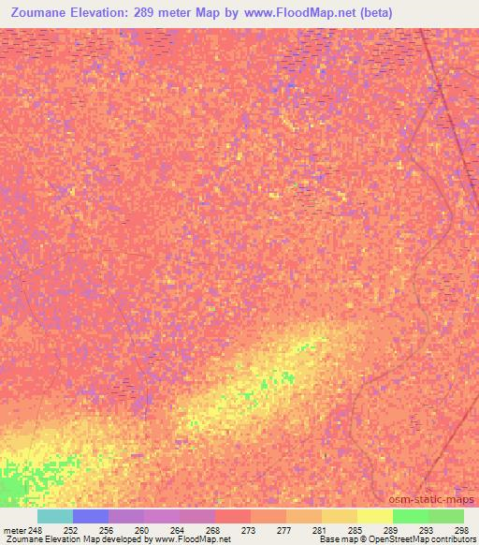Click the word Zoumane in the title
pos(45,13)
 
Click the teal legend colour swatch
pos(54,516)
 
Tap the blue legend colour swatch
pos(90,516)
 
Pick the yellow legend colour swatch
pos(374,516)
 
